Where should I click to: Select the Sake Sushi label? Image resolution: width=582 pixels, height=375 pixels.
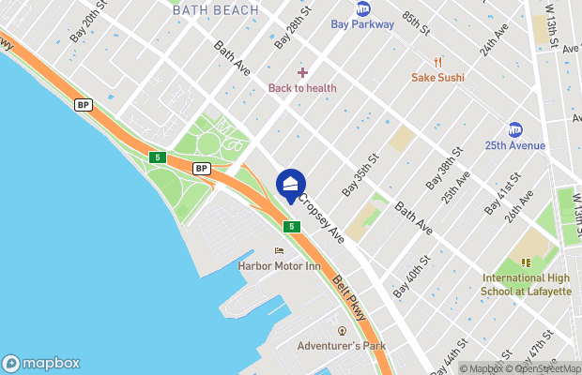(x=437, y=77)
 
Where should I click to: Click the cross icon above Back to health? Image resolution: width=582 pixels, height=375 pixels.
(x=302, y=72)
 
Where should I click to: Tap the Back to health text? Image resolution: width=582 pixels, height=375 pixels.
(x=302, y=88)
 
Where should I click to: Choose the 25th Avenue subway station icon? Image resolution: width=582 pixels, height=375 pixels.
(x=514, y=129)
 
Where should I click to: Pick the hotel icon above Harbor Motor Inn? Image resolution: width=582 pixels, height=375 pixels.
(x=278, y=251)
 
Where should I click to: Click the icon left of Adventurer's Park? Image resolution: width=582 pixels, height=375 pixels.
(x=343, y=331)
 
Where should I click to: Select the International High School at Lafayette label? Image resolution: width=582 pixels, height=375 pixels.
(x=526, y=284)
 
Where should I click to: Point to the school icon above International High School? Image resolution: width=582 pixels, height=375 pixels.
(x=526, y=263)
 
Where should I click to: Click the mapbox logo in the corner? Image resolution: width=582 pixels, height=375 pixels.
(x=41, y=363)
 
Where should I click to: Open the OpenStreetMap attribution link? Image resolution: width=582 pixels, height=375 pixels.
(x=547, y=368)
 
